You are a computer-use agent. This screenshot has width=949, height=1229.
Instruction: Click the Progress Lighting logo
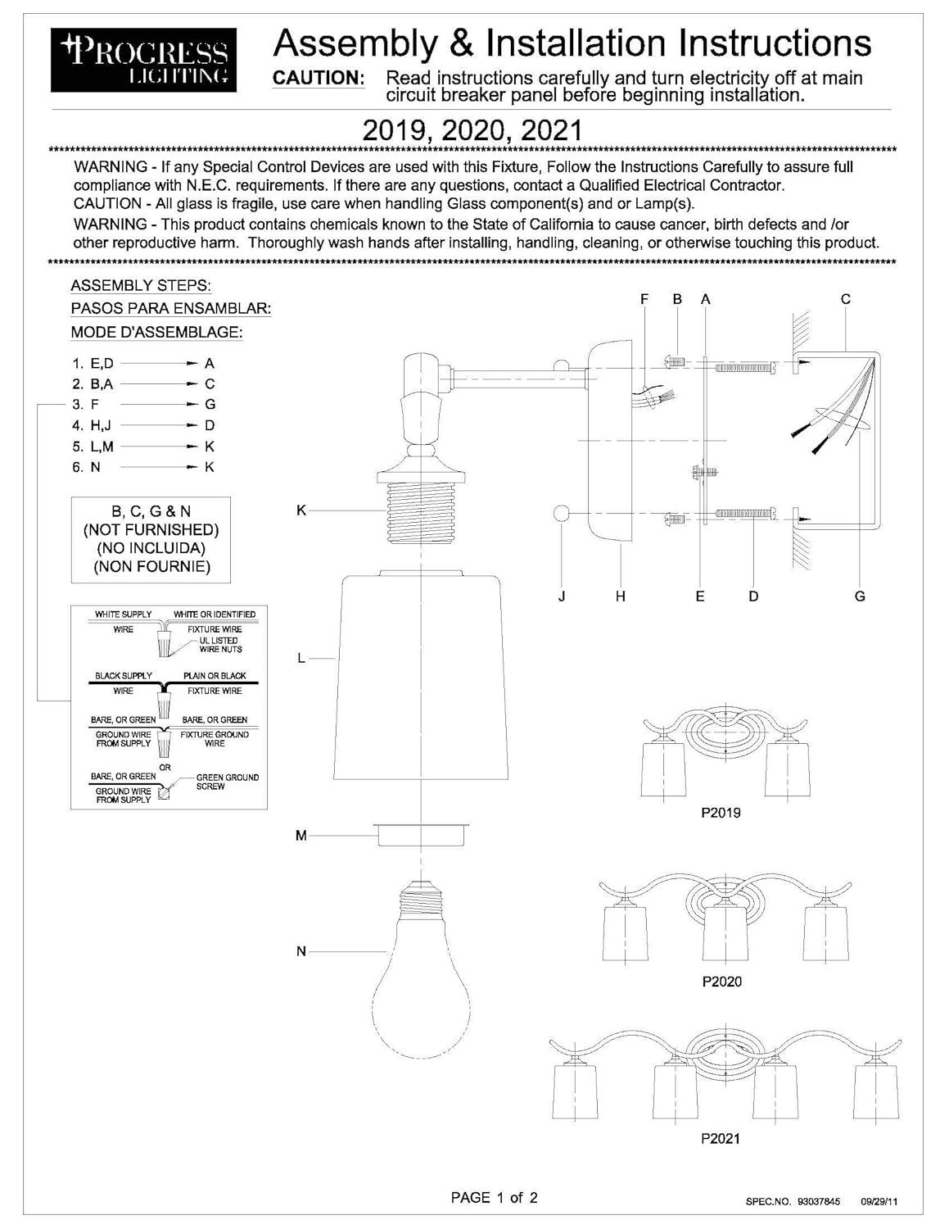(144, 60)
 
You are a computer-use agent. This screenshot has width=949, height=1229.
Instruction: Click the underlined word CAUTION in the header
(318, 78)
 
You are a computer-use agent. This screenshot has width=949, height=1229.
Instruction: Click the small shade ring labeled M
(420, 836)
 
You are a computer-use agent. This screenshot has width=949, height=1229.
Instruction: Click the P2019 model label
(721, 813)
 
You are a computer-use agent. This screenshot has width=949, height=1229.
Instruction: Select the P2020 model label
(721, 982)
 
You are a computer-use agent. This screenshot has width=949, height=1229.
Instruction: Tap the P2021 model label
(721, 1138)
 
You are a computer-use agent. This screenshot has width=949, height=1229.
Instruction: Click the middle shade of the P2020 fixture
(725, 936)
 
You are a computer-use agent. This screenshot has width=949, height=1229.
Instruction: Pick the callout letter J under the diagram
(562, 596)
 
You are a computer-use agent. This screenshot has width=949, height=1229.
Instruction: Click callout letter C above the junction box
(846, 300)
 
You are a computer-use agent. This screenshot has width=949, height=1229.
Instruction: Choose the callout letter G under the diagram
(860, 596)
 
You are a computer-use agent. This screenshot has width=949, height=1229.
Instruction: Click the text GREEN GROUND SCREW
(227, 782)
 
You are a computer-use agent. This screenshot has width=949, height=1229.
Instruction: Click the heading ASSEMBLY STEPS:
(141, 286)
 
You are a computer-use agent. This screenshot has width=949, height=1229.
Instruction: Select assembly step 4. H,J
(92, 425)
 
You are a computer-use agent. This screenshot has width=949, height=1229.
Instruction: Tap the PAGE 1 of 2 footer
(494, 1198)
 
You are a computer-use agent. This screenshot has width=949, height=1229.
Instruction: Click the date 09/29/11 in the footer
(879, 1202)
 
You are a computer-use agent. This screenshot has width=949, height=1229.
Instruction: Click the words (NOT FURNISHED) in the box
(151, 530)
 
